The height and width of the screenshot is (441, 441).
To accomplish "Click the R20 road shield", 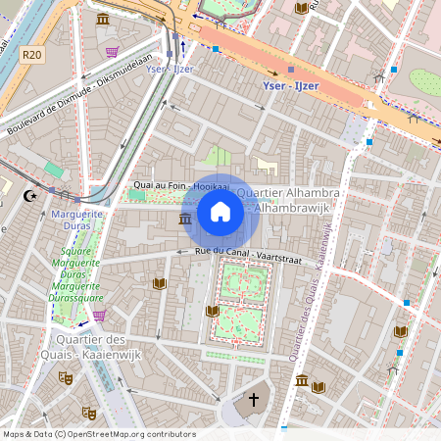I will point(31,55).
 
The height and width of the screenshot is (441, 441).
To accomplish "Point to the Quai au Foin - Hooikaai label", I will point(173,186).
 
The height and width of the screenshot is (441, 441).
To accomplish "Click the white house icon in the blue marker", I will point(220,211).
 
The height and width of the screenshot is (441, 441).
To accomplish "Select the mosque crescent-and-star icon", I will point(28,196).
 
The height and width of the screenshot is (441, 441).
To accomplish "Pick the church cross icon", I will point(254,400).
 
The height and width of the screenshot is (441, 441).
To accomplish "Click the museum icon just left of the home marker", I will point(185,218).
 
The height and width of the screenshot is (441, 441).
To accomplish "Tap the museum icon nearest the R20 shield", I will point(103,19).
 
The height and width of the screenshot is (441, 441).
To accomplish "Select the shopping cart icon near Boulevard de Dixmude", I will point(112,51).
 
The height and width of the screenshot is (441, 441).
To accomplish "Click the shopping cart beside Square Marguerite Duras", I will point(99,316).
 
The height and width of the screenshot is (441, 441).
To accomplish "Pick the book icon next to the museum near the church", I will point(318,387).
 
